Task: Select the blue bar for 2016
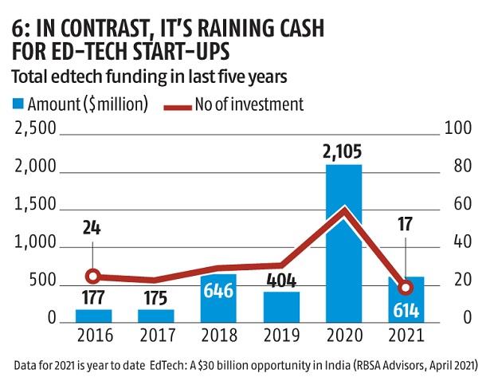(93, 315)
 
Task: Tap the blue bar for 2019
(281, 306)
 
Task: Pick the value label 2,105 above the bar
(344, 150)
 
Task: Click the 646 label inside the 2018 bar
(218, 290)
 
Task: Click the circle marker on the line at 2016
(93, 277)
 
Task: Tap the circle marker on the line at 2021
(406, 288)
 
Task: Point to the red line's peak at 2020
(344, 210)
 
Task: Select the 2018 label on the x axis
(218, 336)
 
